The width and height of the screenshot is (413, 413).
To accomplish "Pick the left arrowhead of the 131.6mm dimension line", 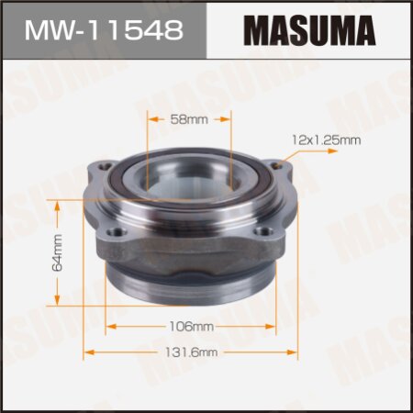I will [x=88, y=352].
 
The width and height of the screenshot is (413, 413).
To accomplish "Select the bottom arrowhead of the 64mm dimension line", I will [x=60, y=304].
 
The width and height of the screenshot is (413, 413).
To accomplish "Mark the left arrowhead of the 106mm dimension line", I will [x=108, y=326].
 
